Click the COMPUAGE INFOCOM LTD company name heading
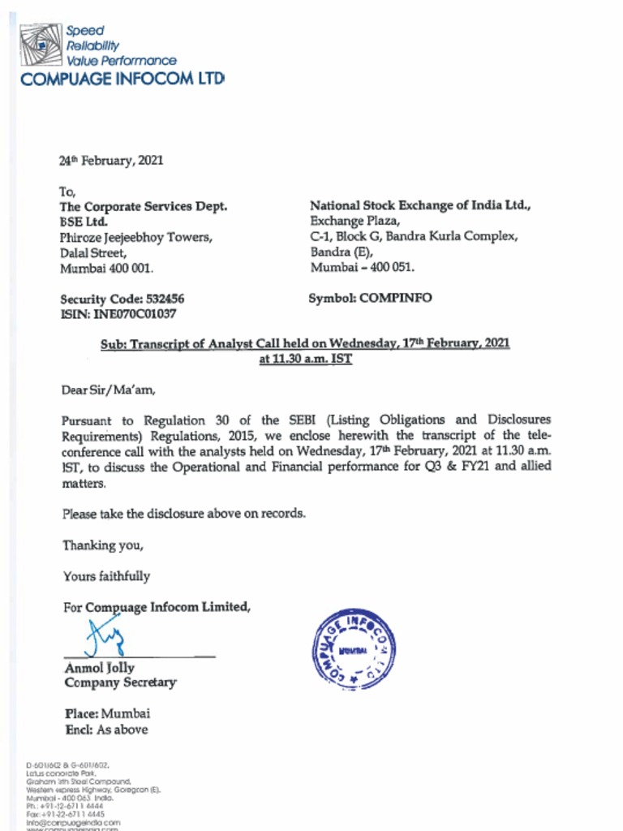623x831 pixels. click(122, 79)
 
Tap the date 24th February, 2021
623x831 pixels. click(111, 161)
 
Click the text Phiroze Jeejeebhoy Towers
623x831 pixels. click(135, 237)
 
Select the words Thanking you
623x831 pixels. click(103, 545)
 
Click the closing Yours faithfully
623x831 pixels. click(106, 576)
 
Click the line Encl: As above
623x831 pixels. click(106, 730)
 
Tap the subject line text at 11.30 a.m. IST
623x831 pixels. click(306, 358)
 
